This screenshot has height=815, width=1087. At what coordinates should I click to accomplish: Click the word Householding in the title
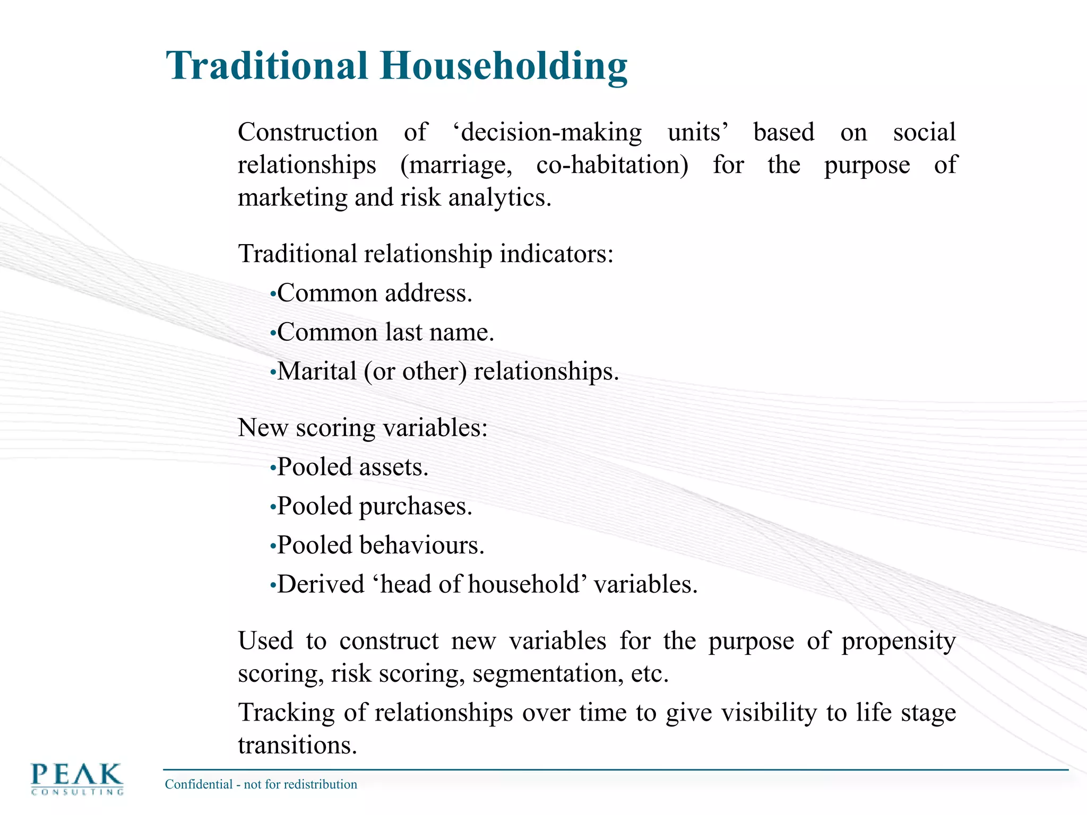coord(503,66)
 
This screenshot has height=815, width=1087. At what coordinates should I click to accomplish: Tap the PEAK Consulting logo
coord(77,778)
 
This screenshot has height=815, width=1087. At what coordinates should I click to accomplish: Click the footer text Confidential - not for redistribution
coord(261,784)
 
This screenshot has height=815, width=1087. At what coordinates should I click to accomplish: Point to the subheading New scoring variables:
coord(363,428)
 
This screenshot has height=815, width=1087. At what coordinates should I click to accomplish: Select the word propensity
coord(898,641)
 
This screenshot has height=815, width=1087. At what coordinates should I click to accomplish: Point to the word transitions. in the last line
coord(297,745)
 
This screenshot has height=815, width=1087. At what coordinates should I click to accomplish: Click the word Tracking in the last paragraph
coord(286,713)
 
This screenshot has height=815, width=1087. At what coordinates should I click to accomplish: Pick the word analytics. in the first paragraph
coord(499,198)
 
